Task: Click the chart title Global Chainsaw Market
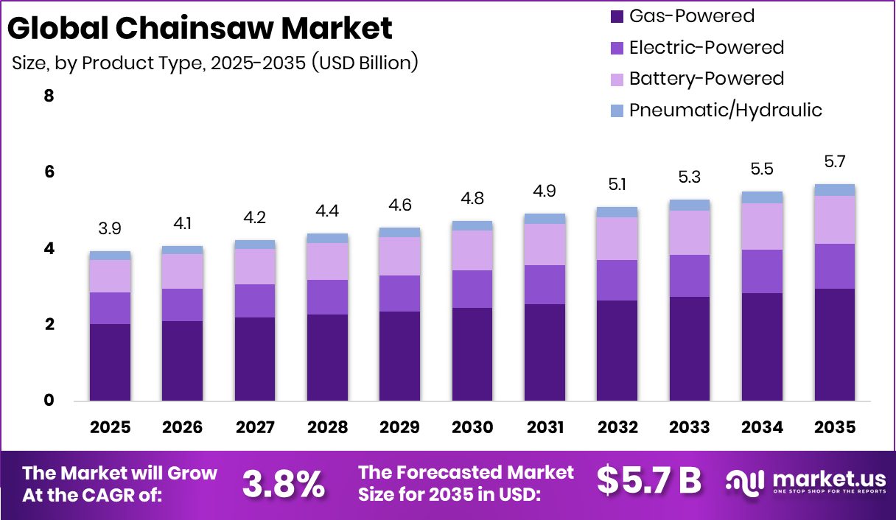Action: click(x=200, y=28)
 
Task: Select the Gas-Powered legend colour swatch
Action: click(x=617, y=16)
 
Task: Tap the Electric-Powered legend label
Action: click(x=706, y=48)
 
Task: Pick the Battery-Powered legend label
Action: click(x=706, y=79)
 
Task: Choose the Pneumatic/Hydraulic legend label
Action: click(x=725, y=110)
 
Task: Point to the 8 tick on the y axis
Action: click(x=49, y=96)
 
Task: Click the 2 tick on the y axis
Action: click(x=49, y=325)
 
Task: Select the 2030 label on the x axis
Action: click(x=472, y=427)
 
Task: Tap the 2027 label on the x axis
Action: click(x=255, y=427)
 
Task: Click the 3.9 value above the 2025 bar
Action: click(x=110, y=229)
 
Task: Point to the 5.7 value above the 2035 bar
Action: click(x=835, y=161)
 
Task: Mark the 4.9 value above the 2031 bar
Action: click(x=545, y=192)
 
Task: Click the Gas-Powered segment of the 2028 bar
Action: click(x=327, y=357)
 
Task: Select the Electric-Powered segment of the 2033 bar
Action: click(x=690, y=275)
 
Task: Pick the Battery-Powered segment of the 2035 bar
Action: click(x=835, y=219)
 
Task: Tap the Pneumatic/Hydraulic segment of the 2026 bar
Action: click(x=182, y=250)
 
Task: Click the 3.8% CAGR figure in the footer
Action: click(x=284, y=483)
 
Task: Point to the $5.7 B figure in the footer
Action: click(x=648, y=481)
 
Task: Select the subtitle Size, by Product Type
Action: click(x=214, y=63)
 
